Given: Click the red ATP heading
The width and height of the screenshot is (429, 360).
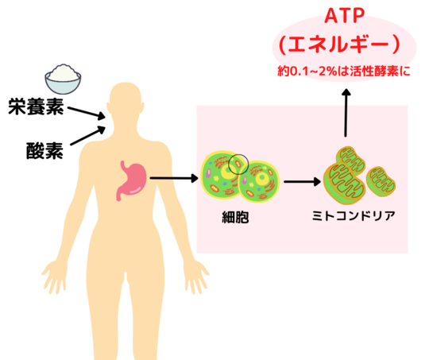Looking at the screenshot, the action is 345,16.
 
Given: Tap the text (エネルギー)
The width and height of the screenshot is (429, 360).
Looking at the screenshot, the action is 340,45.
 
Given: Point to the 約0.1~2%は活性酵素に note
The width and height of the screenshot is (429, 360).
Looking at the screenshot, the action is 344,72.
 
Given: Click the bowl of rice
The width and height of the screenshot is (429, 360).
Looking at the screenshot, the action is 63,79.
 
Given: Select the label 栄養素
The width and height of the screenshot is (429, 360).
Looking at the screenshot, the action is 36,106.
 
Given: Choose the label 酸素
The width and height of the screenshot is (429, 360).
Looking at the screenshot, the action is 44,150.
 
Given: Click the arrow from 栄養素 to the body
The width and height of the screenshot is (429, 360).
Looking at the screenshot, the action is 87,113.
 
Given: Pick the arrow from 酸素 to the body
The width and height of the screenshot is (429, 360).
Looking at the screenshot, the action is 88,135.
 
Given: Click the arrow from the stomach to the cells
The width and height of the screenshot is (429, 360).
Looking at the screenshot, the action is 174,178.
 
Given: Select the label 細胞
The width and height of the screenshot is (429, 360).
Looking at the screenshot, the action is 235,218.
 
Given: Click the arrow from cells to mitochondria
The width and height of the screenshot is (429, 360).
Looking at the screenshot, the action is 303,181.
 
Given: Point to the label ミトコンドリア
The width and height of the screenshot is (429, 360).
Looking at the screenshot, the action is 354,216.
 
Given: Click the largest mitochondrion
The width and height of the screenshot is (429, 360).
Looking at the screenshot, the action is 344,184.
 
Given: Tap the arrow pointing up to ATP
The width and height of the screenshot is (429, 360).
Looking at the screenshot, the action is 346,112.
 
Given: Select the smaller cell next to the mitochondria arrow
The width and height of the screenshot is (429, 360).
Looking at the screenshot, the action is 259,181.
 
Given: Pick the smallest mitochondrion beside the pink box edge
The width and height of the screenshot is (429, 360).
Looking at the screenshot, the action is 381,181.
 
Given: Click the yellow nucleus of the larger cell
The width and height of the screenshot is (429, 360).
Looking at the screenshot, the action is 229,172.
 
